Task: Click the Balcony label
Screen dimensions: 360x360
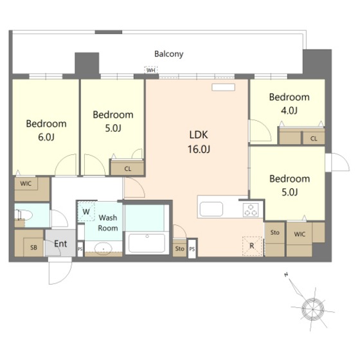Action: point(168,54)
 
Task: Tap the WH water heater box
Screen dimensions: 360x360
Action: point(151,70)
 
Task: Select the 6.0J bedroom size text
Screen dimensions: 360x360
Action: point(46,138)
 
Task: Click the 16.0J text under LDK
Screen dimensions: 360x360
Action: point(199,149)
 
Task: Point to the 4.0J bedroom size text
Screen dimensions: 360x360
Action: point(289,111)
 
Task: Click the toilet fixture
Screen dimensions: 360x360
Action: point(23,215)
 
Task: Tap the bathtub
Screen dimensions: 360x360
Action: point(147,243)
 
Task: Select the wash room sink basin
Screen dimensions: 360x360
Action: point(104,248)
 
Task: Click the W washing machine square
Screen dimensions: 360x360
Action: point(86,212)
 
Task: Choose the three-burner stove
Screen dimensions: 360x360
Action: point(251,210)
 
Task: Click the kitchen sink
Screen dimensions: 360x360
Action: point(212,209)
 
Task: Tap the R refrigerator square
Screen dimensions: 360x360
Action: point(252,246)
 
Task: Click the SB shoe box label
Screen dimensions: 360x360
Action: point(33,248)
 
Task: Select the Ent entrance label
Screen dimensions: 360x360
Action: point(60,244)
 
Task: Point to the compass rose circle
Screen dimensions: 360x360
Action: point(312,309)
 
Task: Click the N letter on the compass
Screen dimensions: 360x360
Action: point(286,274)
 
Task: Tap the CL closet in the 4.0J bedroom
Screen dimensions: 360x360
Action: point(314,138)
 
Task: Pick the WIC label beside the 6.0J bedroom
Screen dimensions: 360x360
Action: point(26,183)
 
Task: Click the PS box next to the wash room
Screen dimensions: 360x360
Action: point(80,249)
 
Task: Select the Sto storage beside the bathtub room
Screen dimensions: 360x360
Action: point(179,248)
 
